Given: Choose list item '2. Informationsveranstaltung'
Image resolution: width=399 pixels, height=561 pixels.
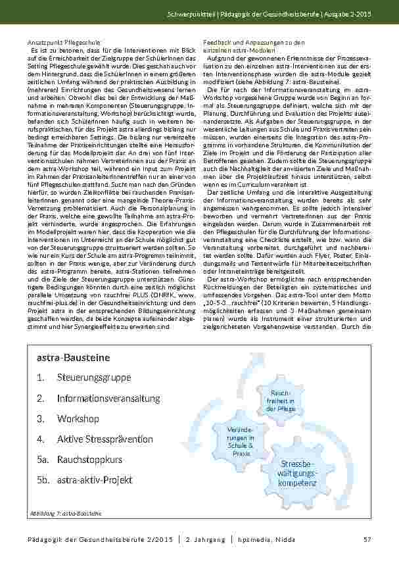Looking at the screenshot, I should (x=99, y=399).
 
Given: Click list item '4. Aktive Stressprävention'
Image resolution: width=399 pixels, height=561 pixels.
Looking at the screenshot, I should (x=95, y=439).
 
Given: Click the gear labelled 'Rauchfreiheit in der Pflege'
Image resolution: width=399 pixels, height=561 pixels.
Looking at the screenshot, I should (x=275, y=400).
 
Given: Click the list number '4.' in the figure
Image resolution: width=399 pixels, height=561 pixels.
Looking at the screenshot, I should (x=41, y=439).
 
